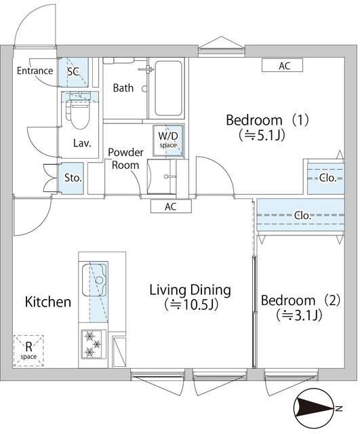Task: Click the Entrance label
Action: (35, 71)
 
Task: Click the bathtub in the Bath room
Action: (168, 89)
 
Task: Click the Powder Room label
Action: (124, 159)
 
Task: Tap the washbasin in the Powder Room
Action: (165, 178)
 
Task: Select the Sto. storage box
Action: (73, 178)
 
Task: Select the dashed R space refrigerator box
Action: (28, 351)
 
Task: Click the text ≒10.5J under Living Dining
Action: (190, 306)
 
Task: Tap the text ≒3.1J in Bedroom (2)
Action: (298, 315)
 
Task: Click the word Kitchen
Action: (48, 302)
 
